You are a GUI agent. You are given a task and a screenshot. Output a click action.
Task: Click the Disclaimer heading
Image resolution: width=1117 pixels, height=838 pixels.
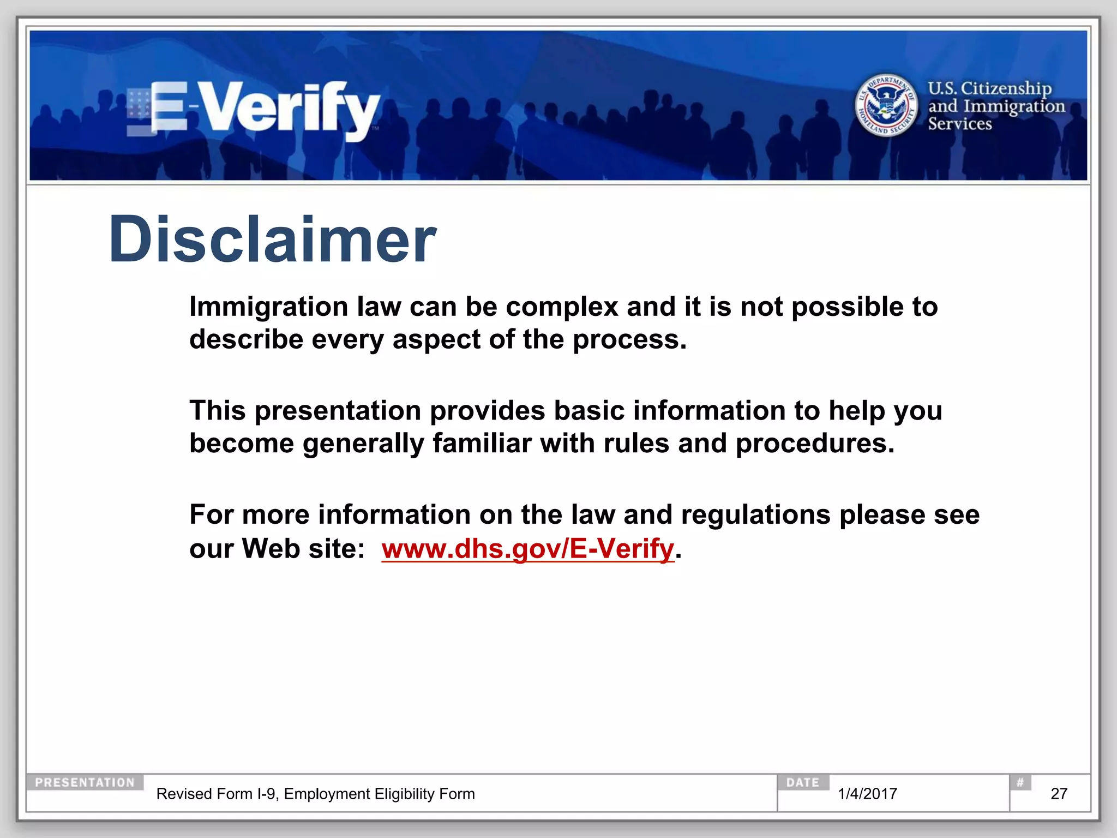[272, 240]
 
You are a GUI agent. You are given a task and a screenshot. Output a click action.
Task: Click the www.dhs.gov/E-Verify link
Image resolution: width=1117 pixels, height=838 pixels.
[527, 548]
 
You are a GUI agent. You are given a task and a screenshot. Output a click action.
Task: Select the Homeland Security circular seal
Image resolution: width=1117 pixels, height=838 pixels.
[886, 105]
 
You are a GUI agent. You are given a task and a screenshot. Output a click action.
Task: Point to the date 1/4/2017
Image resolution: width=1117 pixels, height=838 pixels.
[867, 794]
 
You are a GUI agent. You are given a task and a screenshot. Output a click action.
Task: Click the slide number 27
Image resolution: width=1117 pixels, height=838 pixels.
[1059, 794]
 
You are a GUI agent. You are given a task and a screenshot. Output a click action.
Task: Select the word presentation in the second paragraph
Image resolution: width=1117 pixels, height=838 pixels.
[338, 411]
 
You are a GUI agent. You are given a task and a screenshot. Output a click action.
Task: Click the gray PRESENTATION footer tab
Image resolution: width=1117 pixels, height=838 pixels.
[85, 782]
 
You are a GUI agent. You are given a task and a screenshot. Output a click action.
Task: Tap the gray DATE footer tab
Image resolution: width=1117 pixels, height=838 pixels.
[802, 782]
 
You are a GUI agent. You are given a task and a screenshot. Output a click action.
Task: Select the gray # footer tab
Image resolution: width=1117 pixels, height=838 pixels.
[1019, 782]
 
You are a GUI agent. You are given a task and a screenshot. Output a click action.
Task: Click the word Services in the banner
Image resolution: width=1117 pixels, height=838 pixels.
[960, 124]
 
